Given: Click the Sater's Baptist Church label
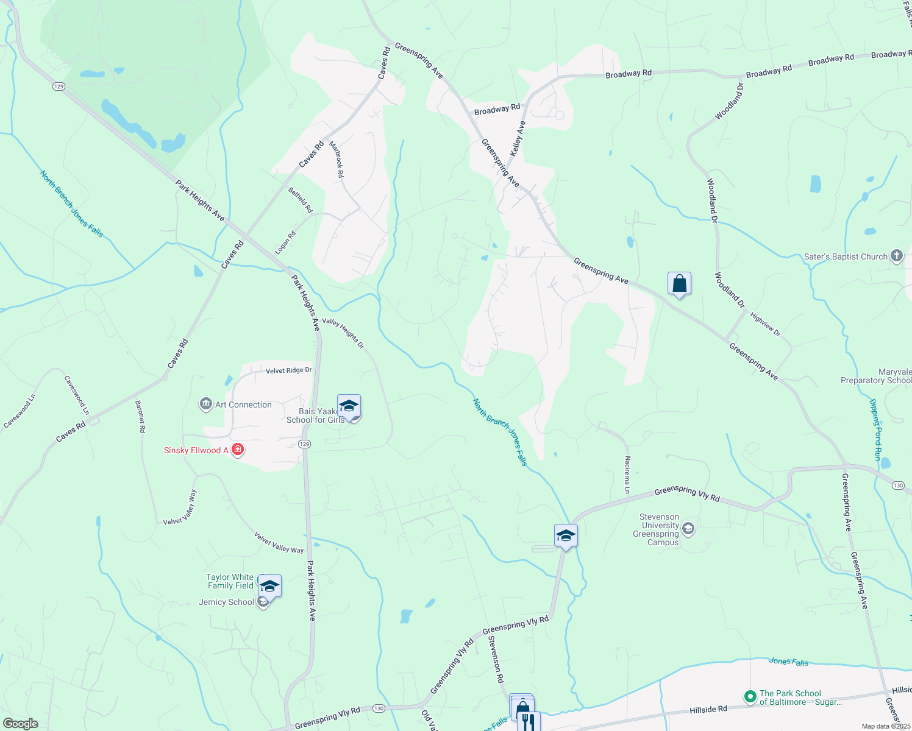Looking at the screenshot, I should pyautogui.click(x=846, y=256).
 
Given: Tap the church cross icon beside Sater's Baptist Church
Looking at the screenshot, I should pyautogui.click(x=896, y=256).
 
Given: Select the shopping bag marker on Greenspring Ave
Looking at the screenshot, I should pyautogui.click(x=679, y=284).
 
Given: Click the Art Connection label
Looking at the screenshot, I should pyautogui.click(x=243, y=404).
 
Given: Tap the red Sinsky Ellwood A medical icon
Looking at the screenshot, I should pyautogui.click(x=238, y=450).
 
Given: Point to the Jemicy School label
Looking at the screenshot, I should pyautogui.click(x=227, y=602).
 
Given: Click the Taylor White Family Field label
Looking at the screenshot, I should pyautogui.click(x=230, y=581).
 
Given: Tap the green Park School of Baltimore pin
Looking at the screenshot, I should pyautogui.click(x=750, y=696).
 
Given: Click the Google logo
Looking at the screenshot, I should pyautogui.click(x=20, y=724).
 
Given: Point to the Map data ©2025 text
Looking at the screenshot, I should pyautogui.click(x=886, y=726).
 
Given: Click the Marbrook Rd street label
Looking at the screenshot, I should pyautogui.click(x=337, y=160).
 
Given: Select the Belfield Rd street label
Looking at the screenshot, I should pyautogui.click(x=301, y=200).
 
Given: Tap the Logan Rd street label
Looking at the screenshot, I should pyautogui.click(x=285, y=242).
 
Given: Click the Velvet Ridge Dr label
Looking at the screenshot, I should pyautogui.click(x=288, y=370).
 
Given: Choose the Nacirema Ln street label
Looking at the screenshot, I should pyautogui.click(x=627, y=475).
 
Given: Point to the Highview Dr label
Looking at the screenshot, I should pyautogui.click(x=765, y=324).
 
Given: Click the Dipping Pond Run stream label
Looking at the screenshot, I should pyautogui.click(x=875, y=429).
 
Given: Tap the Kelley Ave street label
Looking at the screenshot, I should pyautogui.click(x=518, y=138).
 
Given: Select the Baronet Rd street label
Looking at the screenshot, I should pyautogui.click(x=141, y=416).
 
